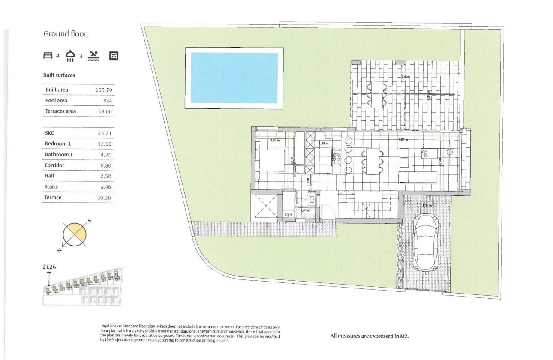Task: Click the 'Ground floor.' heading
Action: (66, 34)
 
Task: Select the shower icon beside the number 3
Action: (70, 56)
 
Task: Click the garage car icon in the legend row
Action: (114, 56)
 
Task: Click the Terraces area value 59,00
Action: (105, 111)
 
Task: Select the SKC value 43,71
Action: (105, 133)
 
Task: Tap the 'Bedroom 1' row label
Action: (57, 144)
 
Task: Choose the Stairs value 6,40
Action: (106, 187)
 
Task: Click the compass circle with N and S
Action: (75, 234)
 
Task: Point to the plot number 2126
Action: (49, 267)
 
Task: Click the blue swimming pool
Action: (234, 78)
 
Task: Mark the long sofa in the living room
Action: (418, 176)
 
